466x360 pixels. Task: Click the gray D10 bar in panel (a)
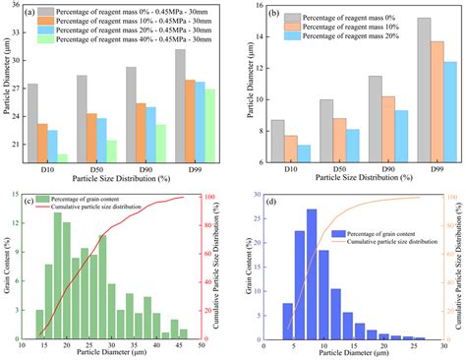33,123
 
